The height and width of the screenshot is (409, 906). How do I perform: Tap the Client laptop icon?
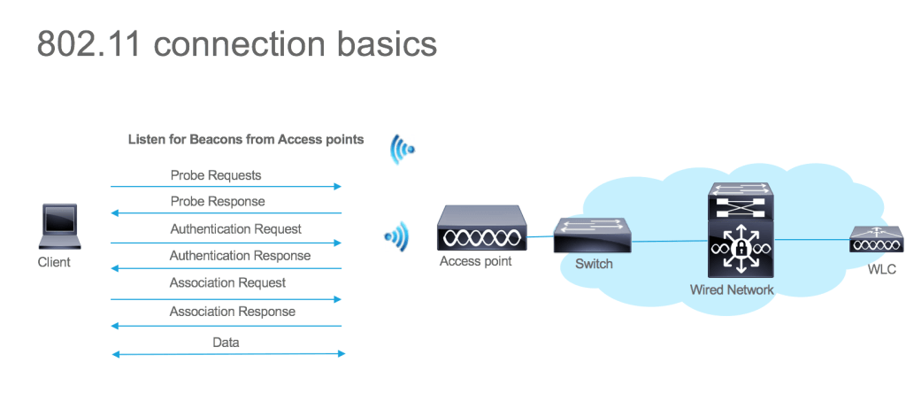point(59,227)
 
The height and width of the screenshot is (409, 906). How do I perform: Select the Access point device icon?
point(482,229)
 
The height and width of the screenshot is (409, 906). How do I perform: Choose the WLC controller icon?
point(876,240)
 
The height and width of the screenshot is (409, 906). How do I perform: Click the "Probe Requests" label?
point(216,175)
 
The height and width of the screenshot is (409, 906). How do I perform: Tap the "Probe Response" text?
point(218,202)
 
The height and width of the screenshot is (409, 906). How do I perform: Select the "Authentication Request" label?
point(236,229)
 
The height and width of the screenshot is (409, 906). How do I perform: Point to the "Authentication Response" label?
point(241,256)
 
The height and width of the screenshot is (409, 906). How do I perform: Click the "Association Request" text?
point(228,283)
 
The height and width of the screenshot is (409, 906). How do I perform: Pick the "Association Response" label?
point(233,312)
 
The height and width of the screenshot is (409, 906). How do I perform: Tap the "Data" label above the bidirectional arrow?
point(226,343)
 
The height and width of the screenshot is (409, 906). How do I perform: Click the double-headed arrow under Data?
point(228,355)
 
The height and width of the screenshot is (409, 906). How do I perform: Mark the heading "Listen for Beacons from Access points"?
point(246,140)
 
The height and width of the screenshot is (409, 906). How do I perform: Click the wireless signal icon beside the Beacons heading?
point(403,150)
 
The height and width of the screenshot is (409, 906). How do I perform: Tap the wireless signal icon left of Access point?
point(397,236)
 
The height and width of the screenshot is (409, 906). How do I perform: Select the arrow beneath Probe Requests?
point(226,187)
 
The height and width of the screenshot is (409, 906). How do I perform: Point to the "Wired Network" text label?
point(732,289)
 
